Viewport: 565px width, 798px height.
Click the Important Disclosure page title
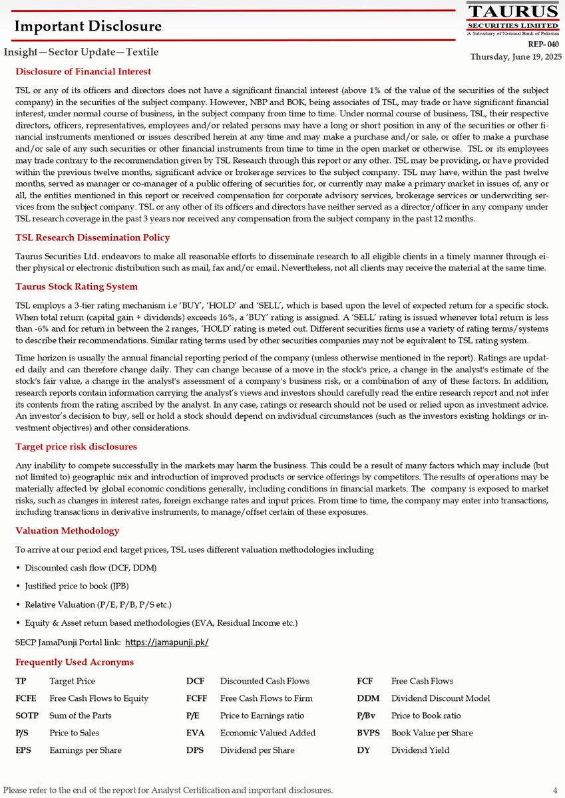(88, 27)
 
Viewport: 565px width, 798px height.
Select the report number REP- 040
(544, 45)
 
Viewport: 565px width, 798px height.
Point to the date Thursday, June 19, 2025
(516, 57)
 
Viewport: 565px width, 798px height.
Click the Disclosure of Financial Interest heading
(83, 71)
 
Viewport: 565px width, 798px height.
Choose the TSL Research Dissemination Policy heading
(93, 237)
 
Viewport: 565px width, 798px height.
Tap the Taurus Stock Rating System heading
(77, 287)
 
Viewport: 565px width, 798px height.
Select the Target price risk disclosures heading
(76, 446)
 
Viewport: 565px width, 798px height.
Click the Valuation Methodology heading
(67, 531)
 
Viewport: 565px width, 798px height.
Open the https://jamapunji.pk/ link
(167, 642)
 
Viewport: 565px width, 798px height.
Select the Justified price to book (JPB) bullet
(77, 586)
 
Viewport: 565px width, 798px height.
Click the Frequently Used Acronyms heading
(75, 662)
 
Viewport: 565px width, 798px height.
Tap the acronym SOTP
(27, 716)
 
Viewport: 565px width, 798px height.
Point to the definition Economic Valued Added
(268, 733)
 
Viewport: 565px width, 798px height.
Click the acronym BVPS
(369, 733)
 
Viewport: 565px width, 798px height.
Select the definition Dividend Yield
(420, 750)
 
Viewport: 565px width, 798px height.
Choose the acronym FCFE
(26, 698)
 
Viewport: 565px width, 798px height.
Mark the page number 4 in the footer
(555, 790)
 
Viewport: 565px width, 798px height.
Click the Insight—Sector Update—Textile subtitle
(81, 52)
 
